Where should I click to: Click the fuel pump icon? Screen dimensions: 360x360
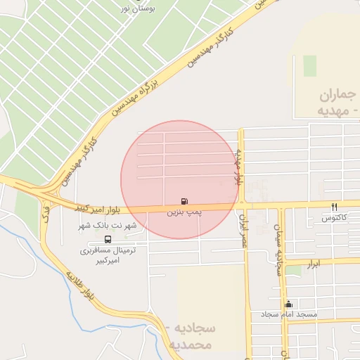click(184, 201)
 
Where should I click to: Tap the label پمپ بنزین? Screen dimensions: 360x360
click(184, 211)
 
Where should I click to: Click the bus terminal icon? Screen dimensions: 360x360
click(108, 239)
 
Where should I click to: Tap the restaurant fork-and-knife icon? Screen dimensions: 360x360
click(335, 207)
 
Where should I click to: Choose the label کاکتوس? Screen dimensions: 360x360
click(335, 218)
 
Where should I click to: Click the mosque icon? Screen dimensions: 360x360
click(288, 304)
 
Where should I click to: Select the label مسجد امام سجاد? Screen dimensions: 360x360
click(290, 314)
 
